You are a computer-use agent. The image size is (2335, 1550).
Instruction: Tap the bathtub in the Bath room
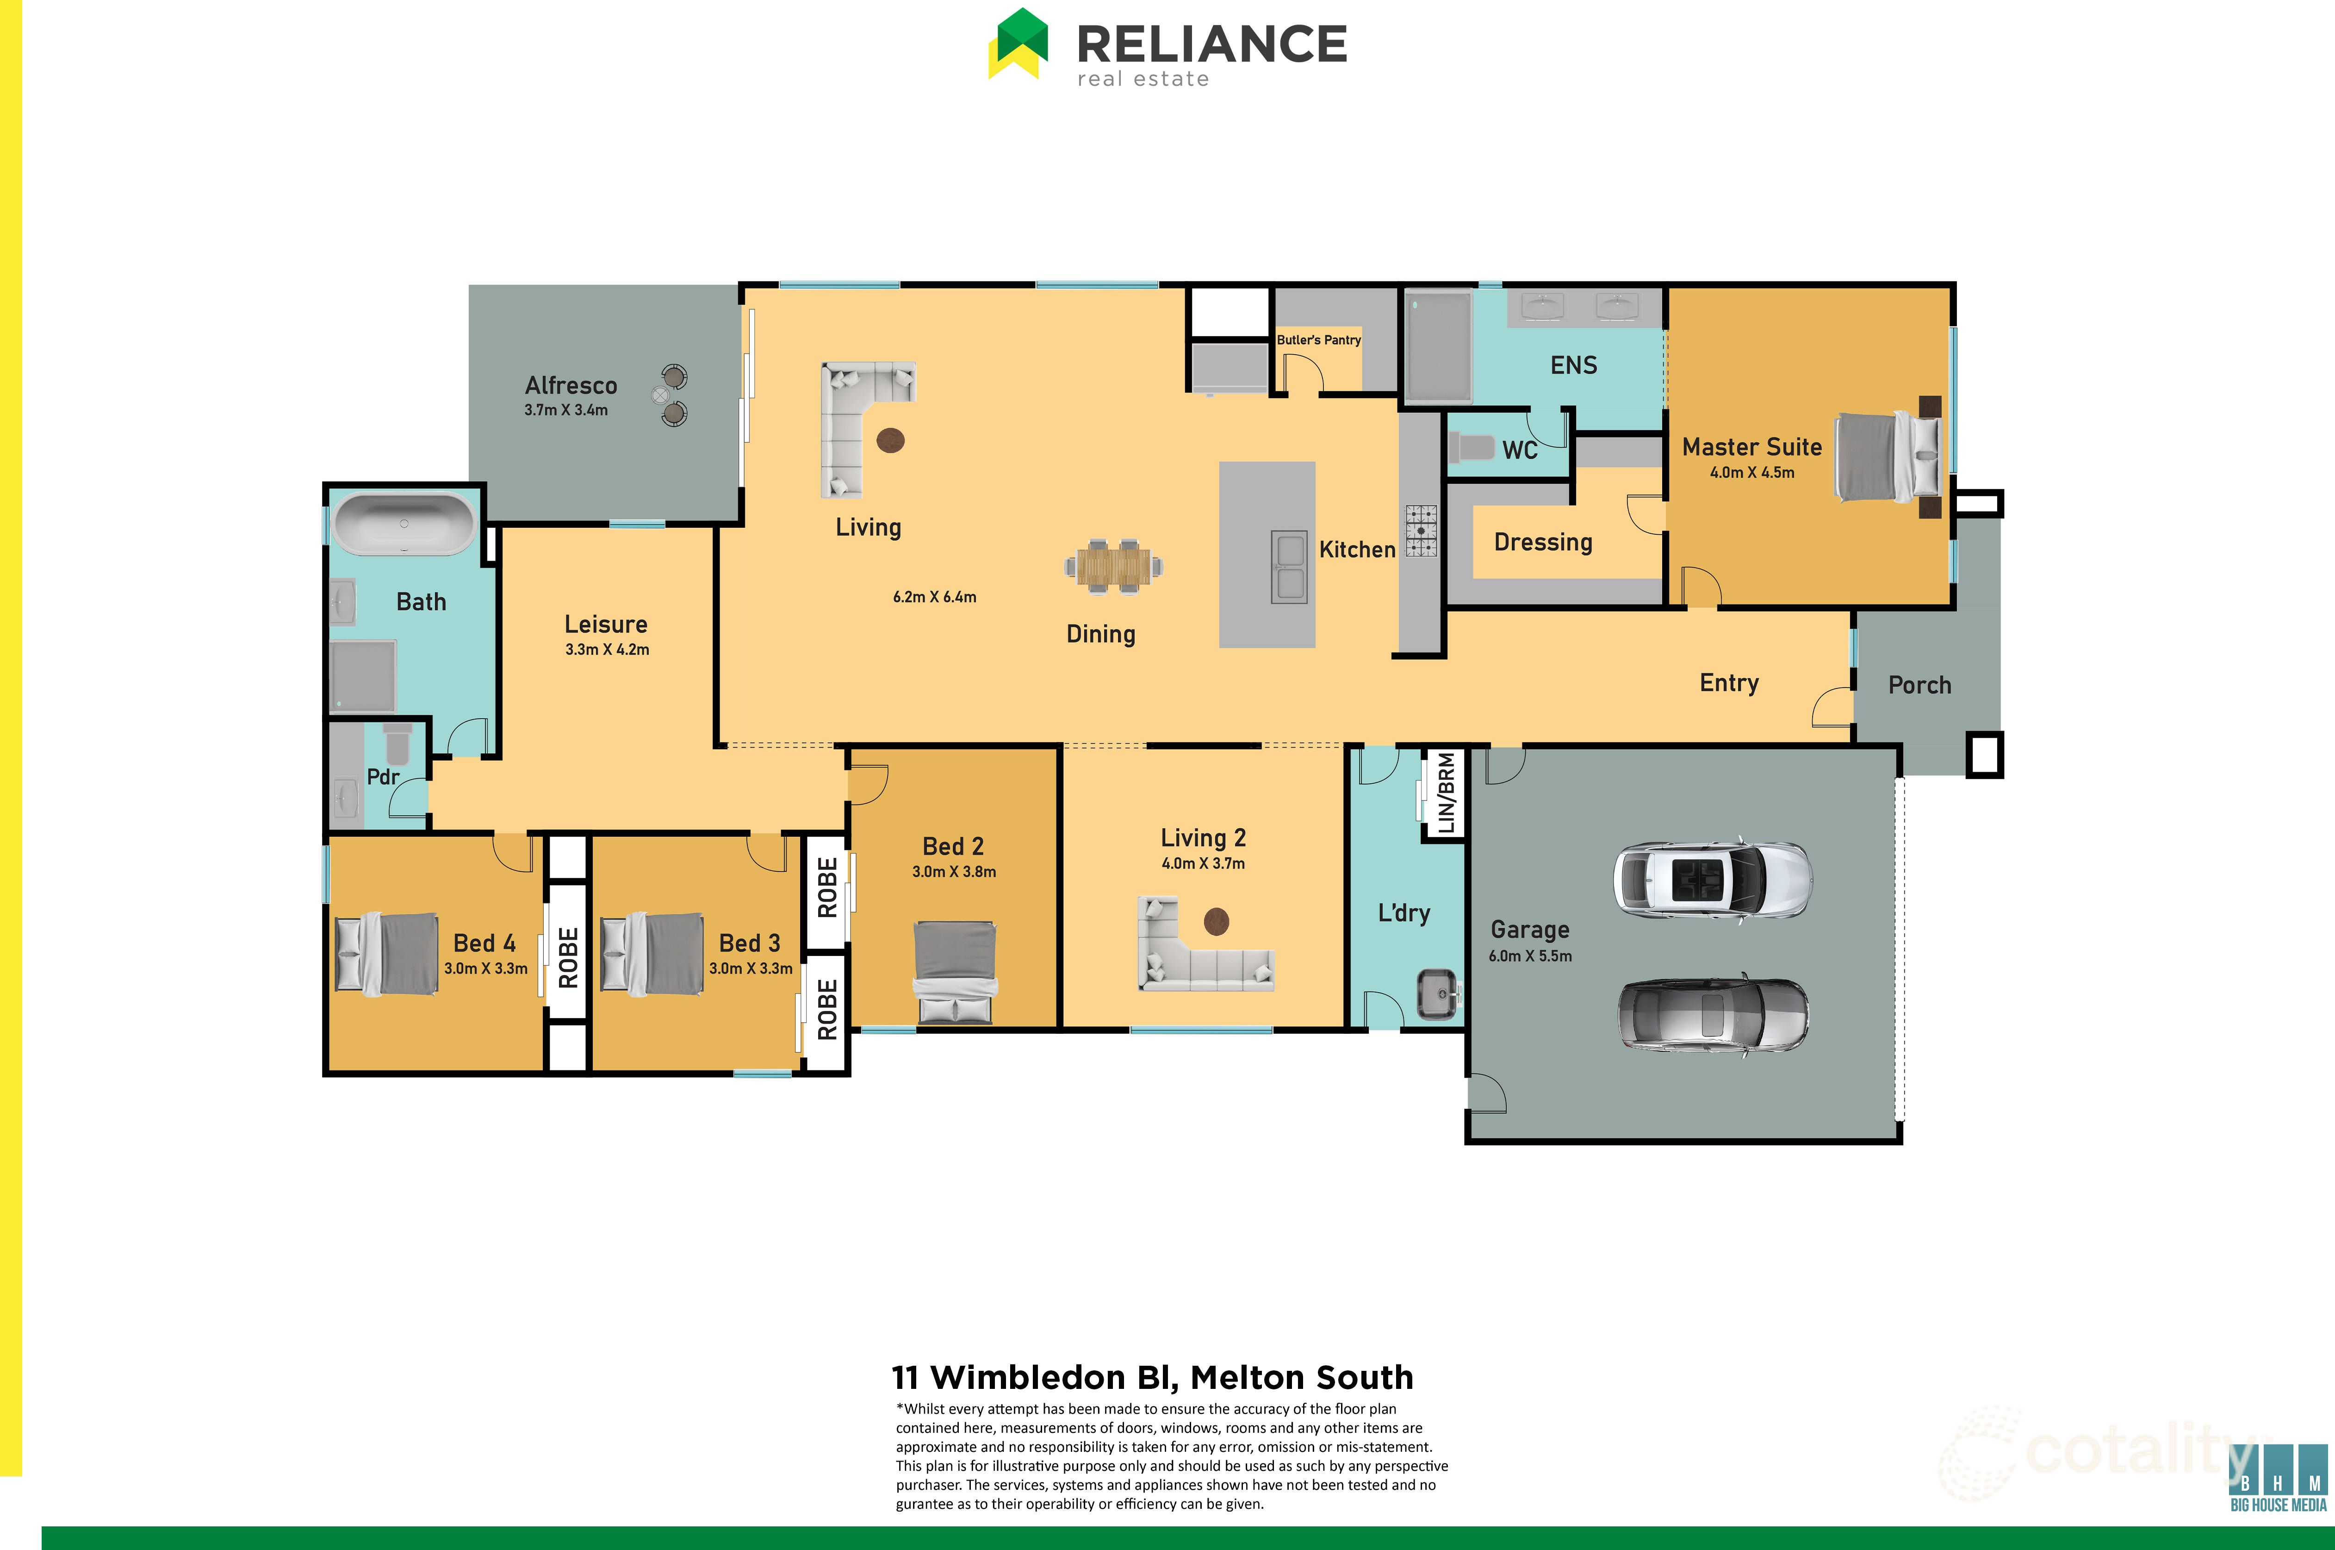click(x=403, y=524)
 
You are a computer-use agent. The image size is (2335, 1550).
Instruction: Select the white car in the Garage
click(x=1713, y=878)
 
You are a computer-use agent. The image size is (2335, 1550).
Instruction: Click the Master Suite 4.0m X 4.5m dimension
click(x=1752, y=473)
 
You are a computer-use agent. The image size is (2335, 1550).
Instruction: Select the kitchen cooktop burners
click(x=1421, y=531)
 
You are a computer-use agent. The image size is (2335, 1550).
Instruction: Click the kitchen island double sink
click(x=1289, y=568)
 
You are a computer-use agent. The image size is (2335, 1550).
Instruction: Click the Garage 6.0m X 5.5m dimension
click(x=1530, y=956)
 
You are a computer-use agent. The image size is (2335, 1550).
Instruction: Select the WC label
click(x=1520, y=451)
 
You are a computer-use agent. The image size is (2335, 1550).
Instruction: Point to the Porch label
click(x=1919, y=685)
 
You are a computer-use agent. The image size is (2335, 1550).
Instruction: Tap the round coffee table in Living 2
click(x=1217, y=921)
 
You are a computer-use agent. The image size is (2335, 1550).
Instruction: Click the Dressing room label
click(x=1542, y=543)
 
